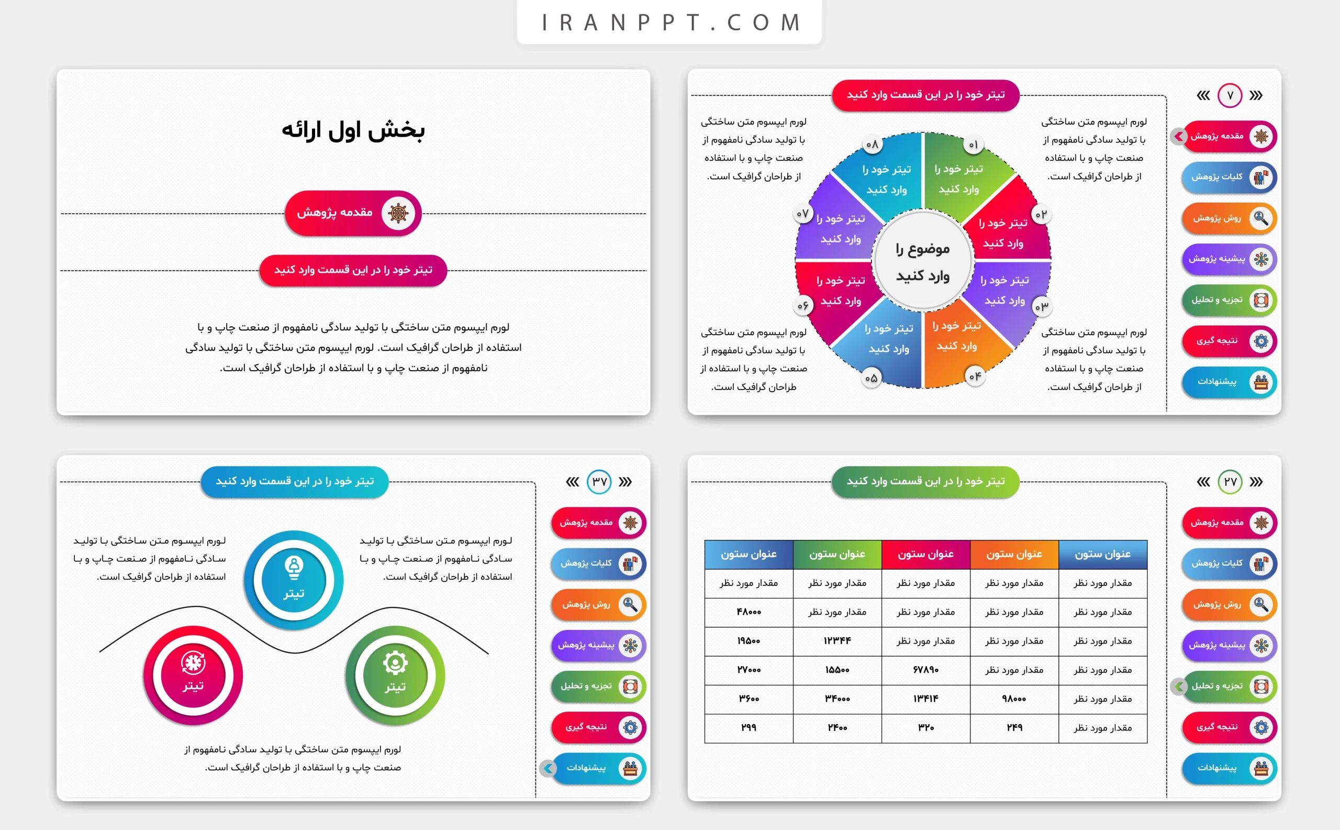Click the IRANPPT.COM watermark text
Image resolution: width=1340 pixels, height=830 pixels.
click(x=670, y=23)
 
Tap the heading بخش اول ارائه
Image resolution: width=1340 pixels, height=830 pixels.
click(x=353, y=130)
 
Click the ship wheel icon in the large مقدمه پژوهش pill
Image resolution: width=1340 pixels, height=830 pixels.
click(x=398, y=213)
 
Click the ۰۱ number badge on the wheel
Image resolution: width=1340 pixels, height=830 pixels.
click(x=974, y=145)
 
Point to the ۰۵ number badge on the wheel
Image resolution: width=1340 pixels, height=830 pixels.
click(x=871, y=378)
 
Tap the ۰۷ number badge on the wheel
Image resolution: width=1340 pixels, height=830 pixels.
click(x=803, y=214)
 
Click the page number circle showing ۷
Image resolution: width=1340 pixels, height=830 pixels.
click(x=1230, y=95)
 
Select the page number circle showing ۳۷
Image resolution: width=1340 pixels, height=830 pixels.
click(x=599, y=482)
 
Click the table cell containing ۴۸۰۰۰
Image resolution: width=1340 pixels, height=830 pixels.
click(x=749, y=612)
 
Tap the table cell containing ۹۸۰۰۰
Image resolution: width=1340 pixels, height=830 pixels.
click(x=1014, y=699)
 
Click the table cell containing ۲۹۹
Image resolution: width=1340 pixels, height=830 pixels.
click(x=749, y=728)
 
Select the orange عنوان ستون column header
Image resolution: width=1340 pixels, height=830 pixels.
click(x=1014, y=555)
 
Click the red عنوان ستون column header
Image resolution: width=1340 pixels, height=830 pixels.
click(x=926, y=555)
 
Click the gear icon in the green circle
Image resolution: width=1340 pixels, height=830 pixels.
click(x=395, y=662)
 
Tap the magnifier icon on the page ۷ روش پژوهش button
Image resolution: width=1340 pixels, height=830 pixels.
click(x=1261, y=218)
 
